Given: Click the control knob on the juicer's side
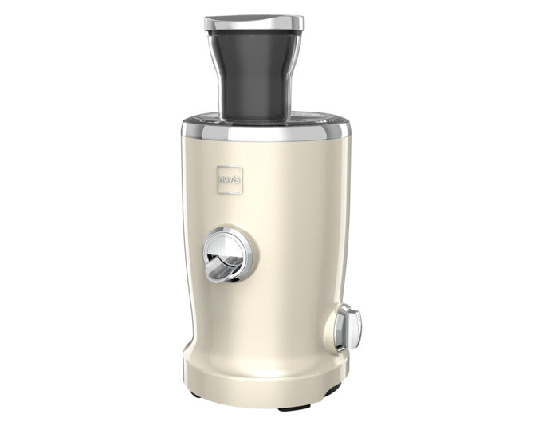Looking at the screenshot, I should [x=353, y=327].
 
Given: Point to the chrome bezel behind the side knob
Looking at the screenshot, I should [x=344, y=327].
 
